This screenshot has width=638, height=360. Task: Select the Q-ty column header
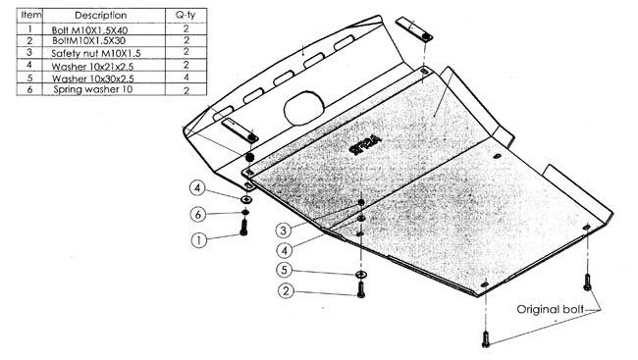point(186,16)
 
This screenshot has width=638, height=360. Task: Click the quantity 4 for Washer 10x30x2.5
point(186,77)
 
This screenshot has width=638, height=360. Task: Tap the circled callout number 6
point(197,214)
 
